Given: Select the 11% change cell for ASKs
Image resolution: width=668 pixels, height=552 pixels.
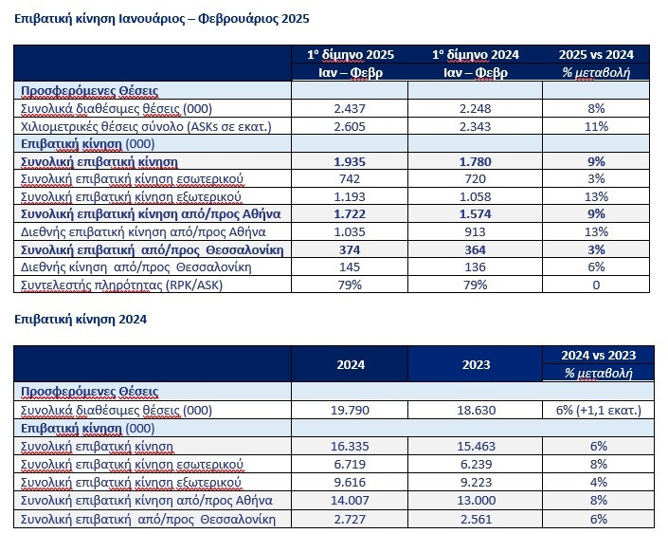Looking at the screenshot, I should click(x=596, y=126).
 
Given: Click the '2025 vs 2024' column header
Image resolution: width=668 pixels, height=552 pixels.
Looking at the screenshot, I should click(x=596, y=54).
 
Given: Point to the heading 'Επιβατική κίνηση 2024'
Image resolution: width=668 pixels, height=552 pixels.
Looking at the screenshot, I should click(x=81, y=320).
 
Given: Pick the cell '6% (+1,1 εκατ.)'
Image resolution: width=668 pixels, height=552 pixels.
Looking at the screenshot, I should click(x=596, y=411).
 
